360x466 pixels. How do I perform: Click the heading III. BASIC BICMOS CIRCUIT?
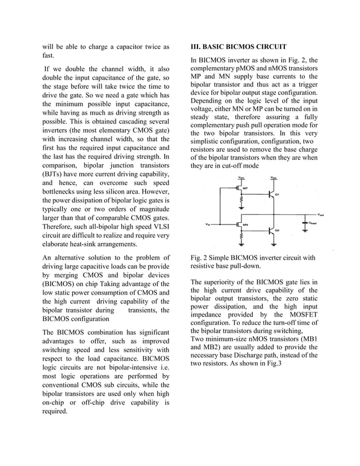coord(239,46)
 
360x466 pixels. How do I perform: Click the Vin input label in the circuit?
coord(208,224)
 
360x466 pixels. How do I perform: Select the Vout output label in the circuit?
coord(321,214)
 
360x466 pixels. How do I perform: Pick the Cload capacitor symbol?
coord(306,223)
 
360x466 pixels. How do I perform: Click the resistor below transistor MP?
coord(242,201)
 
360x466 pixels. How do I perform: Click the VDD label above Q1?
coord(273,177)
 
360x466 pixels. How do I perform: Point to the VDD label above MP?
coord(242,177)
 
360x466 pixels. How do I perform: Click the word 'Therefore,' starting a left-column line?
coord(59,222)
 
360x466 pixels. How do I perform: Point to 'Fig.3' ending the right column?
coord(273,364)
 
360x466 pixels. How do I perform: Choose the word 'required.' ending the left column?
coord(55,411)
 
